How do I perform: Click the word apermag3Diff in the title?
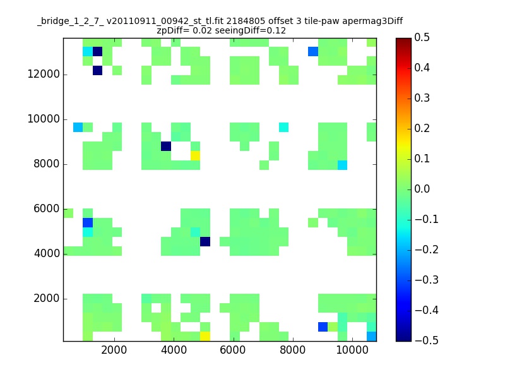(x=372, y=21)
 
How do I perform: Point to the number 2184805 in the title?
(x=246, y=21)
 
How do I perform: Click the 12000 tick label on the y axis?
(x=44, y=75)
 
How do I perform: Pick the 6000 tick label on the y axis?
(x=47, y=209)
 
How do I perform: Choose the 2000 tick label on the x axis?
(x=114, y=350)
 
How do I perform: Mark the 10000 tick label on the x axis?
(x=352, y=350)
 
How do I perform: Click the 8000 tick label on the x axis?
(x=292, y=350)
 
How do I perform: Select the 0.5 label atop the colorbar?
(x=422, y=37)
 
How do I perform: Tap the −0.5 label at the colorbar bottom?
(x=427, y=340)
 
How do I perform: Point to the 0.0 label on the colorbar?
(x=422, y=189)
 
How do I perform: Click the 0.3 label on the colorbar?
(x=422, y=98)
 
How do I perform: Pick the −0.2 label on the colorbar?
(x=427, y=250)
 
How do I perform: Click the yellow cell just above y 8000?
(x=195, y=155)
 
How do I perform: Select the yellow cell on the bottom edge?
(x=205, y=336)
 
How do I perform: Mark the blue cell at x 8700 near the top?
(x=313, y=52)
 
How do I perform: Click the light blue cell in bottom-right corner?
(x=372, y=336)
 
